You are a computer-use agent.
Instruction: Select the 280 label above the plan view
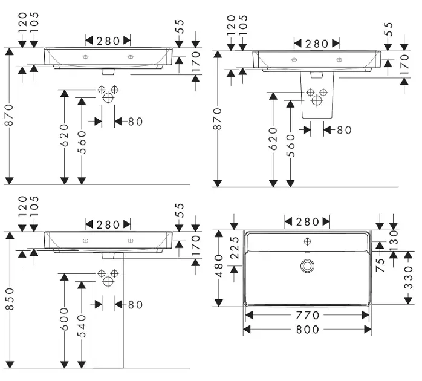308,221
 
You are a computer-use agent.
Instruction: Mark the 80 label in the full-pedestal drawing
135,305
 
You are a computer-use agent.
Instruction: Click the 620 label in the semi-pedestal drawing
273,139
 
